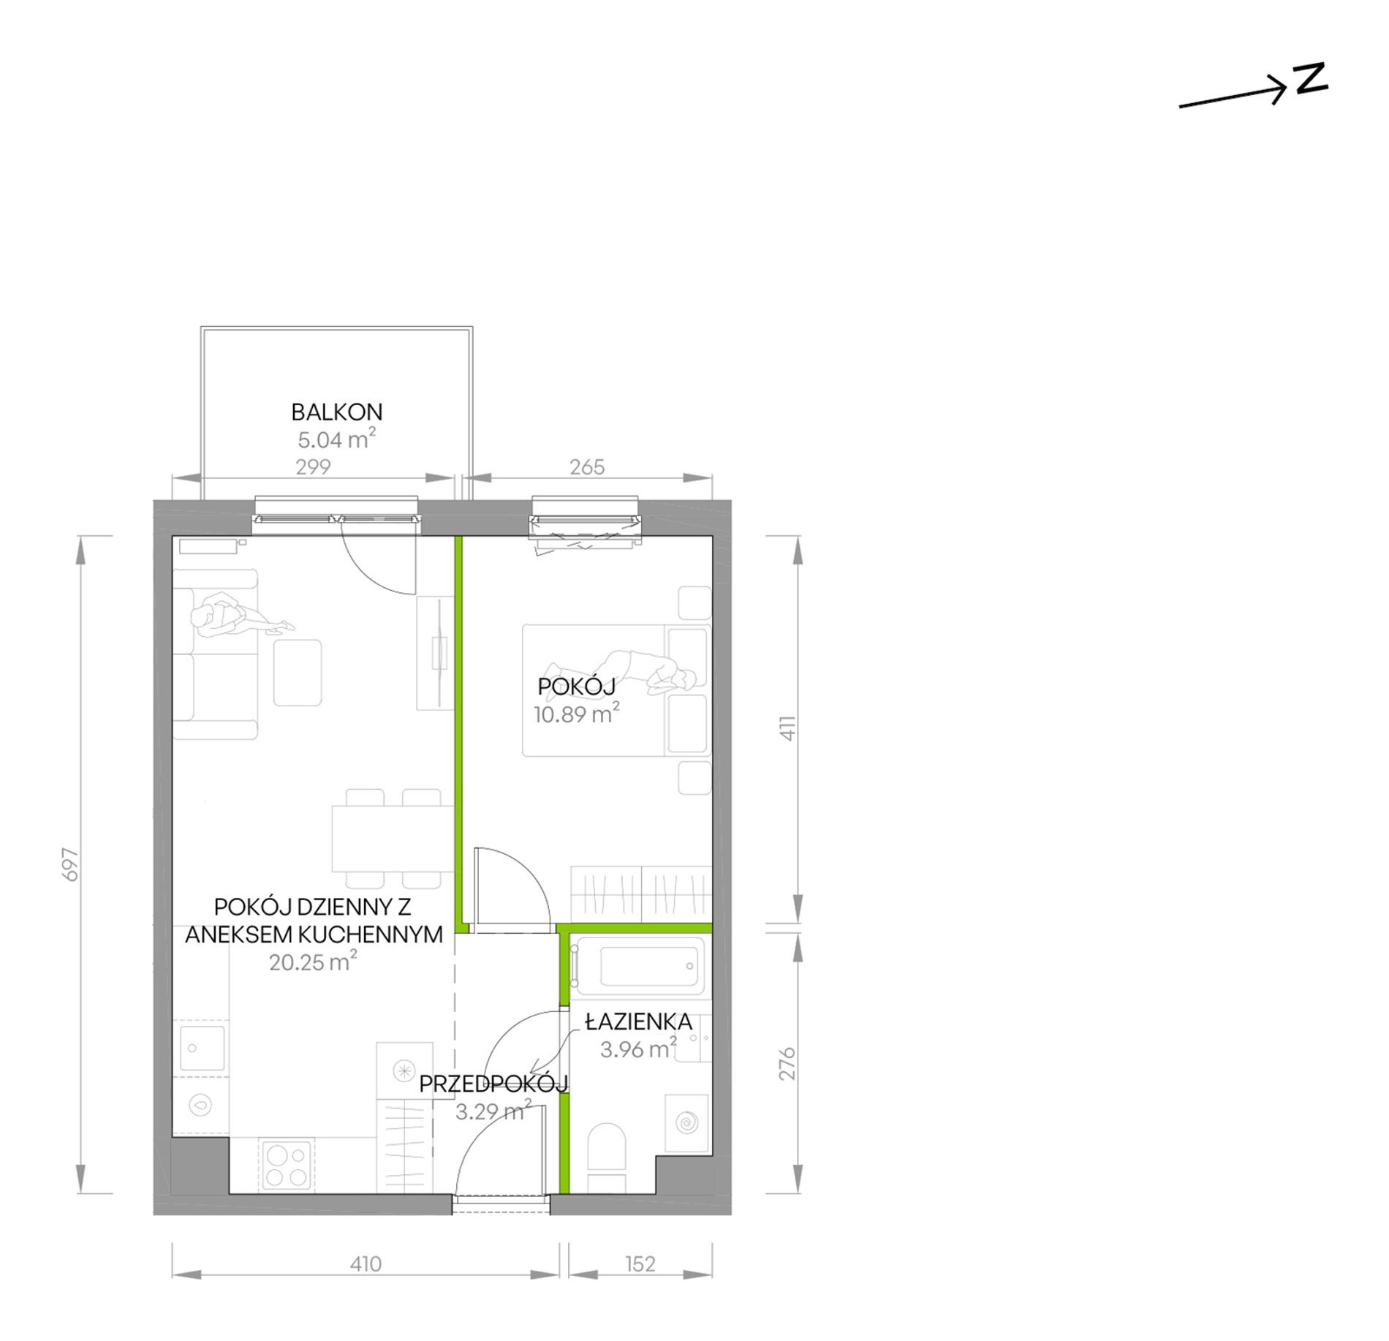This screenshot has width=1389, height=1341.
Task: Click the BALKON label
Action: point(336,412)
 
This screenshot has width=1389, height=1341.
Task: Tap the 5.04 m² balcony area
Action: point(336,439)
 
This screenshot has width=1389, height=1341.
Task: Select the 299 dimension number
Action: point(313,466)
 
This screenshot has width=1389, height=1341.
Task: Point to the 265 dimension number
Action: point(587,466)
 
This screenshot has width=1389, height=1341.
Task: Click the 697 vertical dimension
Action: point(71,864)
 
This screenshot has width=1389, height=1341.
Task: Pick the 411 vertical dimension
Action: point(787,728)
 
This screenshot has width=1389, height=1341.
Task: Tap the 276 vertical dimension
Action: point(787,1064)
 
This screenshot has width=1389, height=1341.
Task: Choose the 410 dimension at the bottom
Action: point(366,1263)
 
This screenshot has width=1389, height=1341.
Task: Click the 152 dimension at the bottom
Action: point(640,1263)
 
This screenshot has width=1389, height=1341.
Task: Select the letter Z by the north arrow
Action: point(1310,78)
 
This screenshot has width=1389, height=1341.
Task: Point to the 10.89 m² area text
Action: point(576,714)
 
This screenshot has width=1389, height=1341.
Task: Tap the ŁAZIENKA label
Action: point(638,1021)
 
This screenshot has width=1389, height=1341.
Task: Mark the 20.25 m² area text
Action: point(313,962)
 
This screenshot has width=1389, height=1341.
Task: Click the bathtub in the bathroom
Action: point(637,967)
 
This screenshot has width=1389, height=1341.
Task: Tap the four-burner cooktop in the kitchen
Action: point(286,1166)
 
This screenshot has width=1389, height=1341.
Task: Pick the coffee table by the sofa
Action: point(298,673)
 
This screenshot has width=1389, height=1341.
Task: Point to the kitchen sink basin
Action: point(202,1048)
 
